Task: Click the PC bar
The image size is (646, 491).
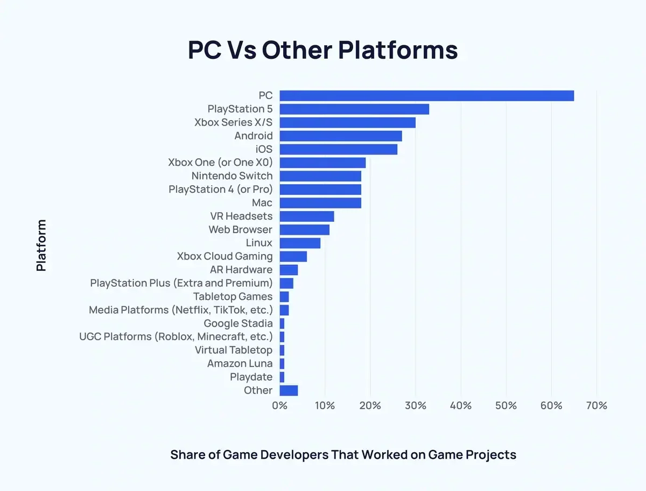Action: click(426, 96)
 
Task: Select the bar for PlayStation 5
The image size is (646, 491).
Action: click(354, 109)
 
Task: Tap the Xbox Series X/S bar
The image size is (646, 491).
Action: click(347, 123)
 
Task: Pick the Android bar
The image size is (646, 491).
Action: click(341, 136)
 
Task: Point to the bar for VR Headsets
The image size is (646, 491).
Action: click(307, 216)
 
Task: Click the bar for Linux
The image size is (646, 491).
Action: click(300, 243)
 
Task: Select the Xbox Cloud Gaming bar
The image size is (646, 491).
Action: click(293, 256)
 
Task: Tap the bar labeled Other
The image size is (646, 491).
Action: click(289, 390)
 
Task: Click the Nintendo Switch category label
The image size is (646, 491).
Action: click(232, 176)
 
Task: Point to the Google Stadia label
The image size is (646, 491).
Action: click(238, 324)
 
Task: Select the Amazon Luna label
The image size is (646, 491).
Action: click(240, 363)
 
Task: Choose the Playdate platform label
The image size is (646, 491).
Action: click(251, 377)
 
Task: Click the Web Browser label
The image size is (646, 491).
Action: click(241, 230)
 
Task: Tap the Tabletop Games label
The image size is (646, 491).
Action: click(233, 297)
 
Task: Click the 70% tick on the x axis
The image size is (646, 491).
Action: click(596, 405)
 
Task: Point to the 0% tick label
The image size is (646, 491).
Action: click(280, 405)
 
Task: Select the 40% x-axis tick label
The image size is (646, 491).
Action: click(461, 405)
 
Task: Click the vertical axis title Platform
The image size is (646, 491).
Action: click(41, 245)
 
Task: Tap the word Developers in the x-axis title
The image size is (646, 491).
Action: click(294, 455)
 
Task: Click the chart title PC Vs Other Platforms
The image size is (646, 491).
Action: click(323, 50)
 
